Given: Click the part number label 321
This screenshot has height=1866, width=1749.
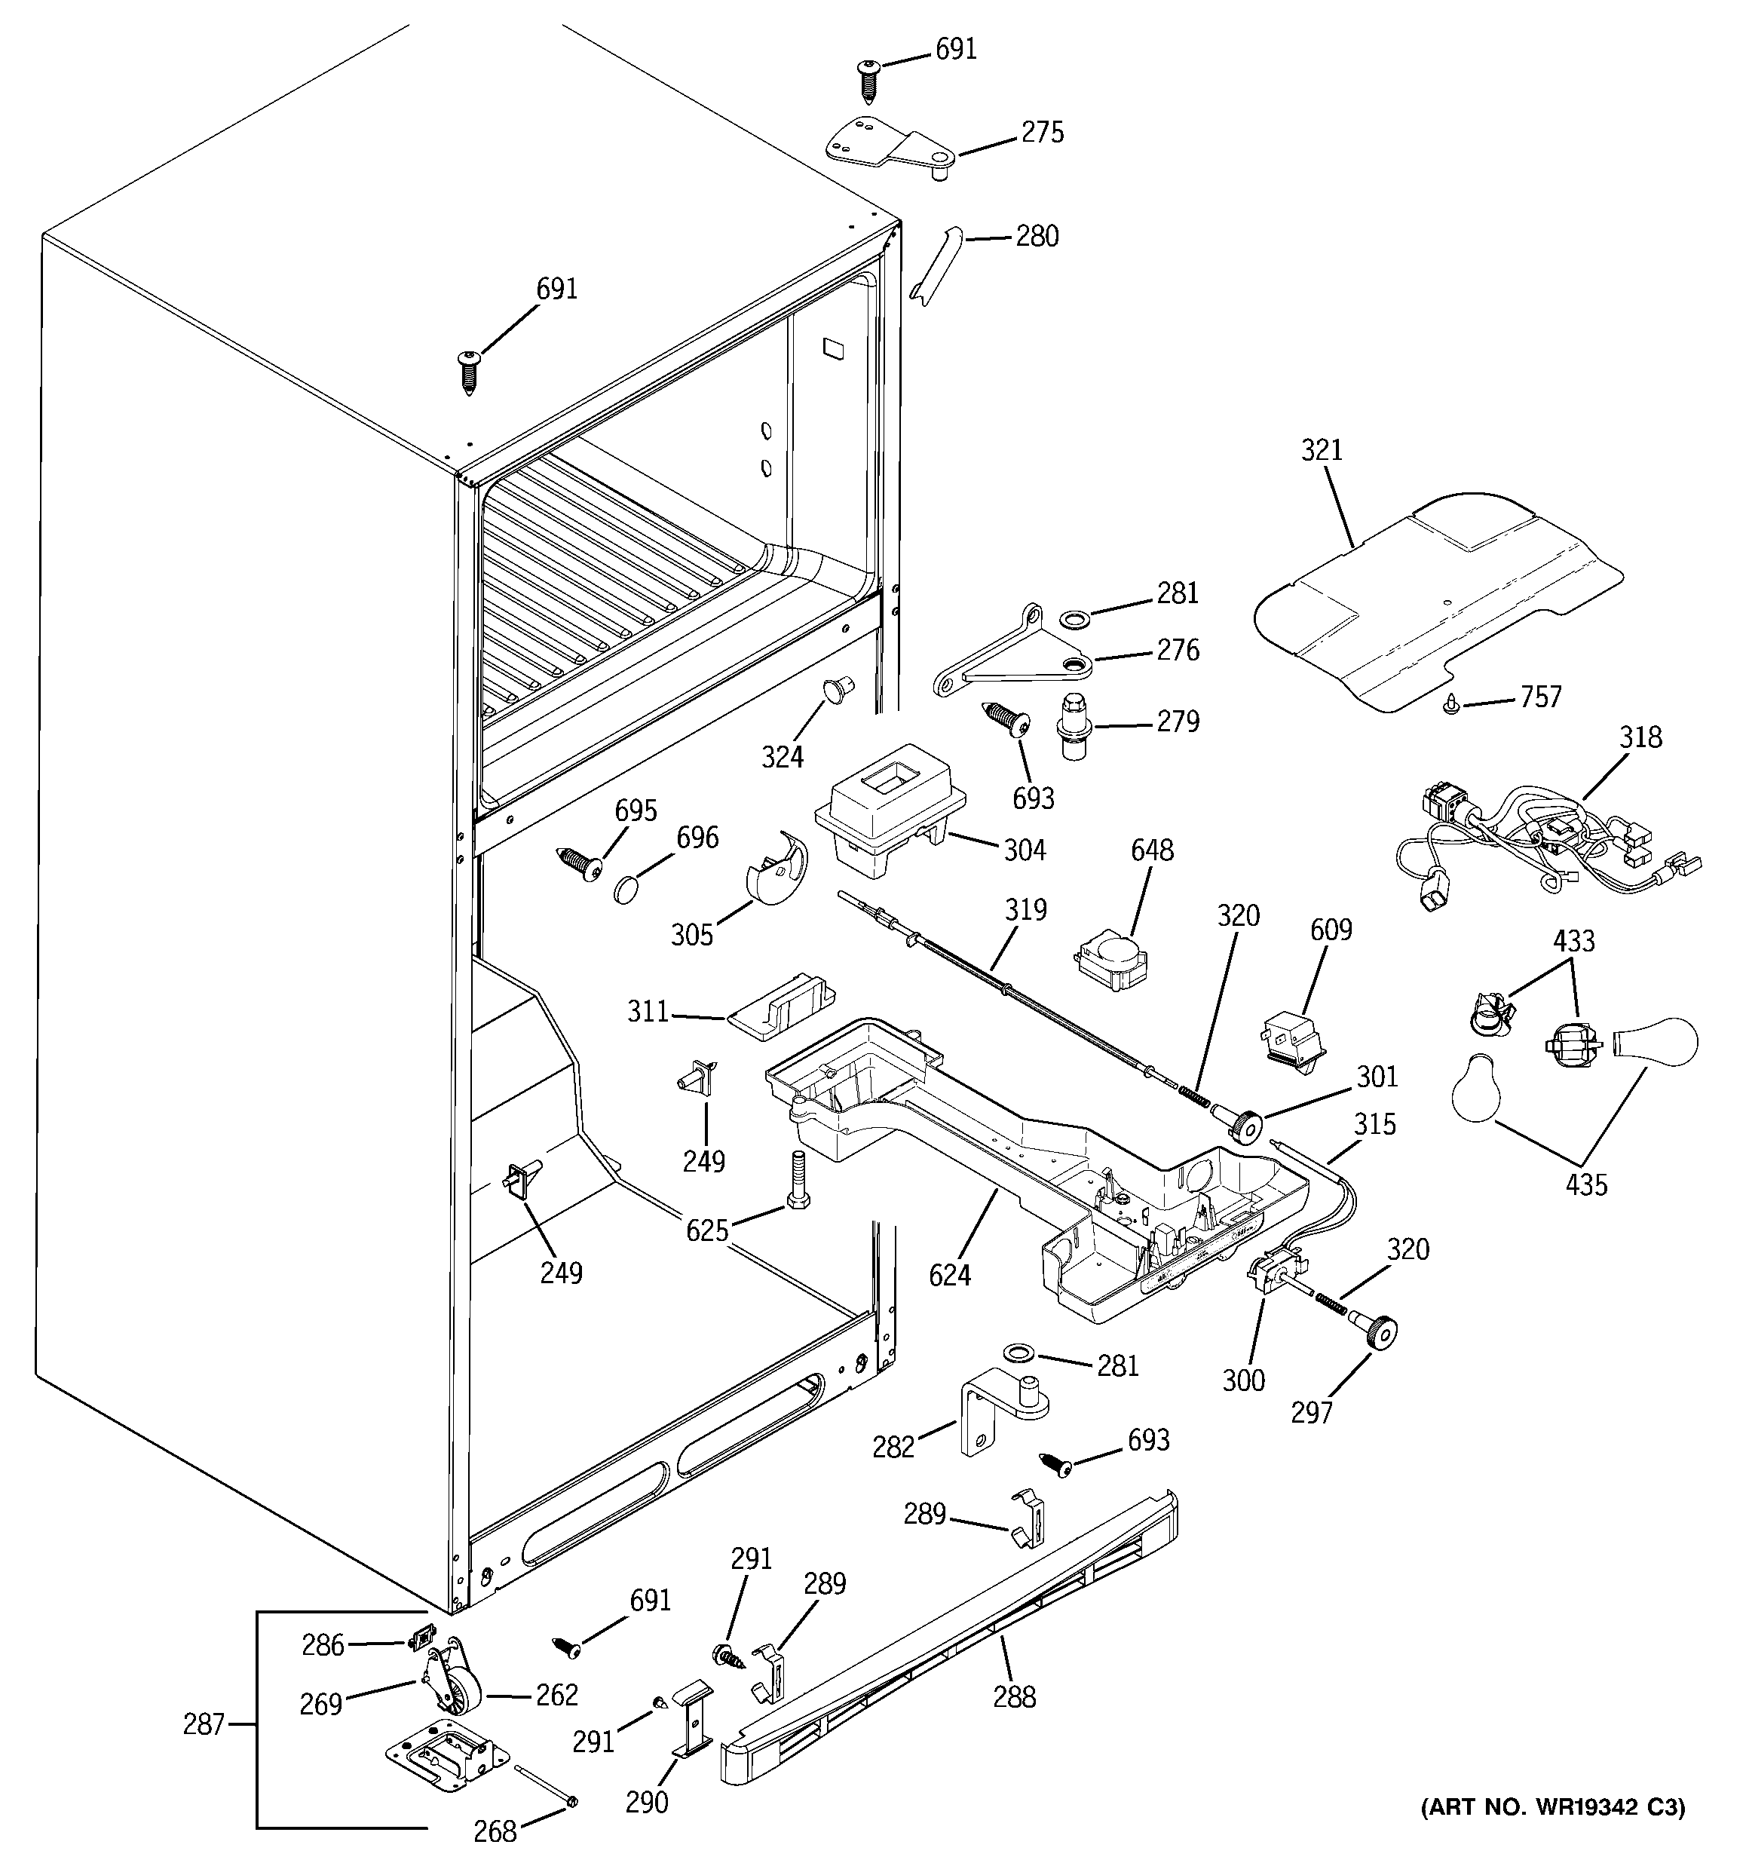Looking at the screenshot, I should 1321,451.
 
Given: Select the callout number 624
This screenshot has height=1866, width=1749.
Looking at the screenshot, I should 949,1275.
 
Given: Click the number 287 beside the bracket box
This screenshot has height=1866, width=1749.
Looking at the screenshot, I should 204,1724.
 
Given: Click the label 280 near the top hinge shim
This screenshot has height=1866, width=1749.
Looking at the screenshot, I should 1037,237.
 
